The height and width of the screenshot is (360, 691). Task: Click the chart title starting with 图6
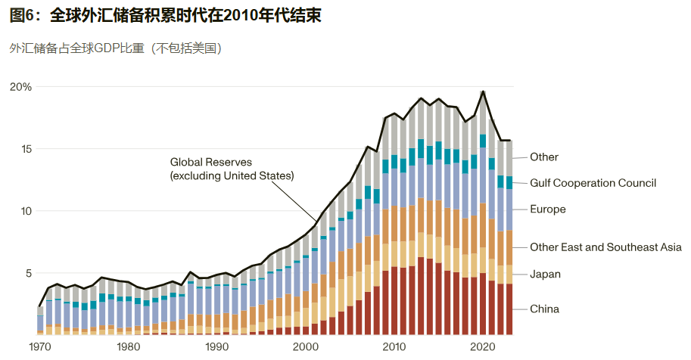click(166, 16)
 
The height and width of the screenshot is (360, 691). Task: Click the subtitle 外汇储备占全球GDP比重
click(115, 48)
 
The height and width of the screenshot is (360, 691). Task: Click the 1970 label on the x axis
click(40, 346)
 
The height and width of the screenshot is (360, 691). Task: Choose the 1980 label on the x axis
click(129, 346)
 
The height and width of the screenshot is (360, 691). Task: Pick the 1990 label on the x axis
click(217, 346)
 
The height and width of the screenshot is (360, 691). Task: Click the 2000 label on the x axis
click(306, 346)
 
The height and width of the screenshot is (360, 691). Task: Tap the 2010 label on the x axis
click(394, 346)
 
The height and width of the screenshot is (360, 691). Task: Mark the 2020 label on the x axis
click(483, 346)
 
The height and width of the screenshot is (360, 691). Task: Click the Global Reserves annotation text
click(232, 169)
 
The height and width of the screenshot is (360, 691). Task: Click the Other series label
click(544, 157)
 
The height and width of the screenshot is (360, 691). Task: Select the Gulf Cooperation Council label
click(593, 183)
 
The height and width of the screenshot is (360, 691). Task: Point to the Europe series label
click(548, 209)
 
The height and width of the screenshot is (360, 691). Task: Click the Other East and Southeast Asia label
click(605, 247)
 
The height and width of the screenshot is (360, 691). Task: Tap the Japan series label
click(546, 275)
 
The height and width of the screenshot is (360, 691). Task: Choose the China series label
click(545, 309)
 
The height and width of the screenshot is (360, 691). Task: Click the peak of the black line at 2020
click(483, 92)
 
